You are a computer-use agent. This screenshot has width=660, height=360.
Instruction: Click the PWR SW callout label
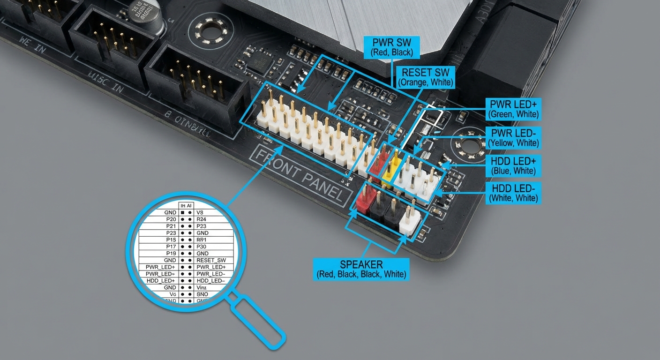(x=392, y=47)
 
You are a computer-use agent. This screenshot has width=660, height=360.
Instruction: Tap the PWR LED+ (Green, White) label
(x=513, y=109)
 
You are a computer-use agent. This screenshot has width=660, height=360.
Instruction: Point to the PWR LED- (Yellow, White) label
(x=513, y=137)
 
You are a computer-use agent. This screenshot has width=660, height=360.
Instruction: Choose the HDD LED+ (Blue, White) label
(x=513, y=166)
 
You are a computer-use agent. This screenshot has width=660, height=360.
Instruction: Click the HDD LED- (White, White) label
(x=513, y=193)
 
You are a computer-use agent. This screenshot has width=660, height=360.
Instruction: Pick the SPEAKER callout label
(x=361, y=269)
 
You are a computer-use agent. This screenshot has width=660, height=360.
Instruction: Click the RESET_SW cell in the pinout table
(x=211, y=260)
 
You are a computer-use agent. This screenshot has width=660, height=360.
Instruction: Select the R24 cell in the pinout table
(x=202, y=219)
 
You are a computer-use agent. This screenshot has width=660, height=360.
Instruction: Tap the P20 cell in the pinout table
(x=171, y=219)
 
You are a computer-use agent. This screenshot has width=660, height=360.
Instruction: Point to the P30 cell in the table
(x=202, y=247)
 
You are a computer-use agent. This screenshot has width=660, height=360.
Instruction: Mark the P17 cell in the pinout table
(x=171, y=247)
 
